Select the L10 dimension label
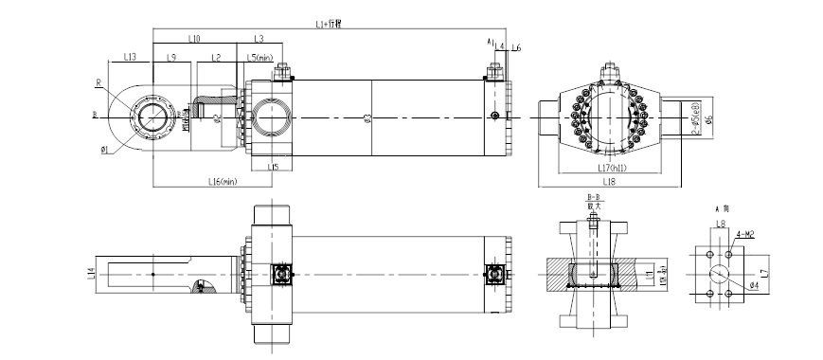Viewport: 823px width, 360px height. (193, 39)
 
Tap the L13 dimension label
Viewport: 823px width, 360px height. (131, 58)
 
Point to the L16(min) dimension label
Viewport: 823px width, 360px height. (223, 181)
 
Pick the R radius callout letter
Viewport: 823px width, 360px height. (98, 82)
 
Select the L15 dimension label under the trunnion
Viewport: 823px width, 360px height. (273, 168)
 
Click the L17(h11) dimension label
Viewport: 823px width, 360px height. (608, 169)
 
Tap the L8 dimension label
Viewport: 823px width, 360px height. (720, 225)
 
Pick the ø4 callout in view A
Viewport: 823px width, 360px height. (753, 285)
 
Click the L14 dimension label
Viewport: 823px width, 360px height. (91, 273)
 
